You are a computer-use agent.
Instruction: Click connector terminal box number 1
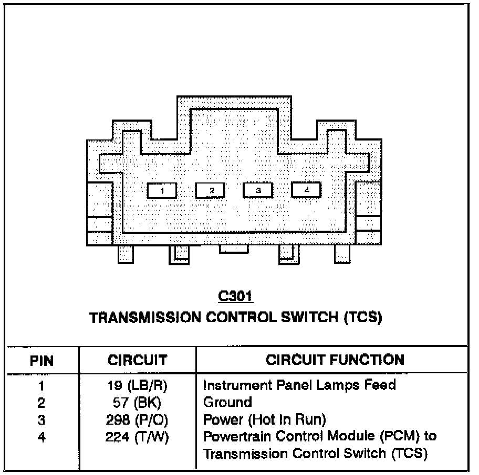(x=162, y=191)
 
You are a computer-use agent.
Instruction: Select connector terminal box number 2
(x=210, y=191)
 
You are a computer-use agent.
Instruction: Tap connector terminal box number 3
(x=258, y=190)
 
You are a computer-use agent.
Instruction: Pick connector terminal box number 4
(x=306, y=189)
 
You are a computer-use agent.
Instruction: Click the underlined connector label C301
(x=235, y=297)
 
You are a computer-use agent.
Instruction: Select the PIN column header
(x=41, y=361)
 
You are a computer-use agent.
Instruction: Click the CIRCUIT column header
(x=137, y=360)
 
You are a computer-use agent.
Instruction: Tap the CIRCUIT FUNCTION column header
(x=335, y=360)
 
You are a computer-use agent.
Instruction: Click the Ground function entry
(x=227, y=403)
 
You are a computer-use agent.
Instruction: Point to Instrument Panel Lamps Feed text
(x=299, y=385)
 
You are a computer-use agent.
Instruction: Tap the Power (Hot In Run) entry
(x=265, y=419)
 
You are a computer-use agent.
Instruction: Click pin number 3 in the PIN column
(x=41, y=420)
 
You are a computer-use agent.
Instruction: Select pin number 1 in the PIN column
(x=41, y=386)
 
